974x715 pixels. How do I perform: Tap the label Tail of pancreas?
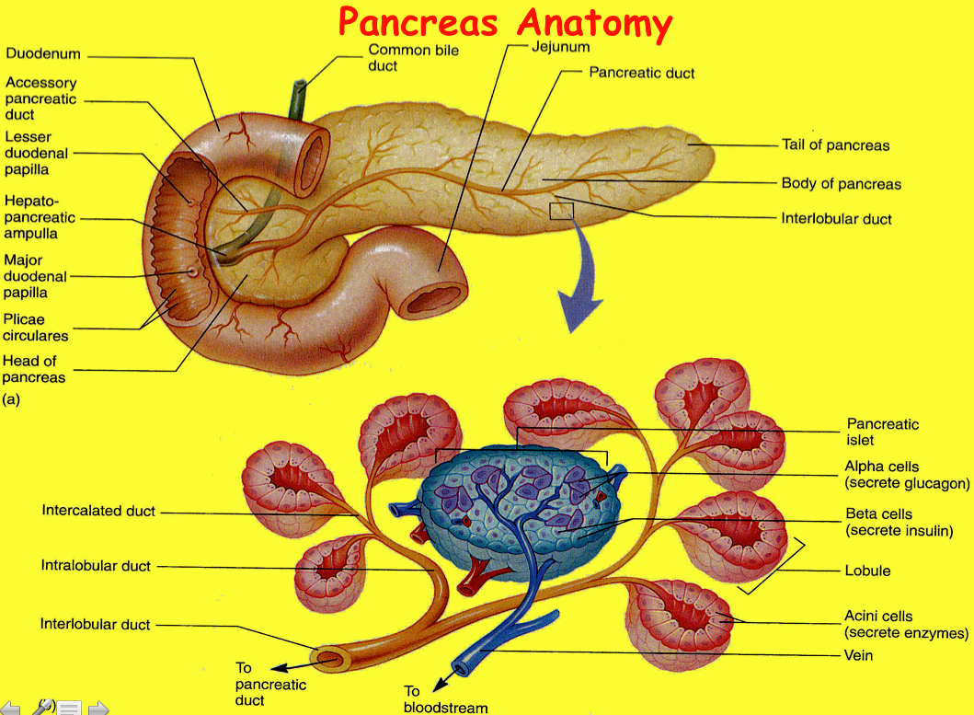tap(835, 144)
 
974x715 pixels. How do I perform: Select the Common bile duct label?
tap(413, 58)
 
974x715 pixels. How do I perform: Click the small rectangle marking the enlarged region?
tap(561, 211)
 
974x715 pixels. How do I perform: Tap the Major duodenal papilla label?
tap(35, 276)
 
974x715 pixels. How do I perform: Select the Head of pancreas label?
tap(34, 368)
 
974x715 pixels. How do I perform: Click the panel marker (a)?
tap(11, 400)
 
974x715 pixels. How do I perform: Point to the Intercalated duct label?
tap(98, 511)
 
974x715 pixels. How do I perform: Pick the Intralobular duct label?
tap(95, 565)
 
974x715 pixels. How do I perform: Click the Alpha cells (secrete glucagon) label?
tap(907, 475)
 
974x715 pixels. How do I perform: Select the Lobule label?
tap(867, 571)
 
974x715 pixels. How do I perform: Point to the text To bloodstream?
tap(445, 698)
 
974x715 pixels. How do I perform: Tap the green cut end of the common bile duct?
tap(298, 87)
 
